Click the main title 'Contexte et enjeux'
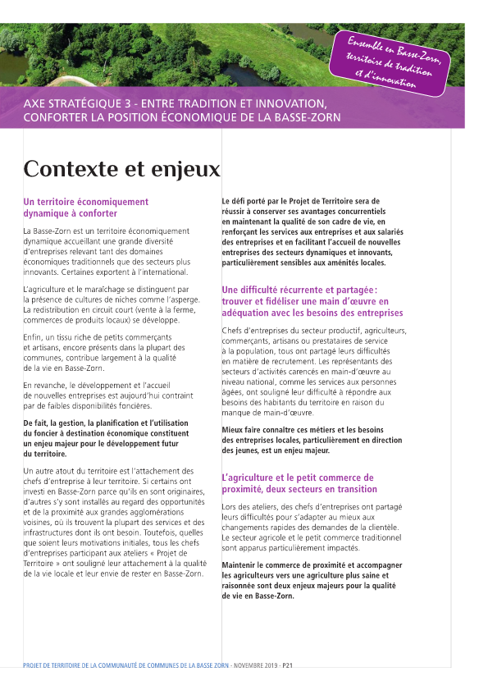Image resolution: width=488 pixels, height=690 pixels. click(x=121, y=169)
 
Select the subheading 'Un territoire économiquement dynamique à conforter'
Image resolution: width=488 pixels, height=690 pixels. click(x=86, y=207)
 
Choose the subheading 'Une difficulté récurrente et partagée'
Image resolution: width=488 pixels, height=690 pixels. click(x=299, y=290)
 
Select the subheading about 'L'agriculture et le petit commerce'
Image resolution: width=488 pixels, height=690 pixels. click(x=298, y=483)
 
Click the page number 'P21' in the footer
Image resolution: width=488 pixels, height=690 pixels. click(x=288, y=666)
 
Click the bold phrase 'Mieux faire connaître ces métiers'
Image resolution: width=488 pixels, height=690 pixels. click(x=276, y=430)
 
